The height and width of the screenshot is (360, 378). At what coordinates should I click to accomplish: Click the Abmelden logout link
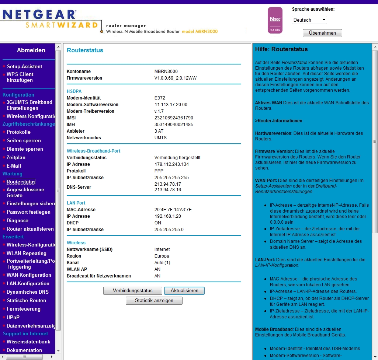click(x=31, y=50)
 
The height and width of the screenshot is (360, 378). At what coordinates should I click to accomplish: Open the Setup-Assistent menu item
click(x=24, y=66)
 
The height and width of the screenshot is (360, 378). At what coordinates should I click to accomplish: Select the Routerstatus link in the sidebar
click(x=21, y=182)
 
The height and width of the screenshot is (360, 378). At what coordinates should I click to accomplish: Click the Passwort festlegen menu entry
click(x=28, y=212)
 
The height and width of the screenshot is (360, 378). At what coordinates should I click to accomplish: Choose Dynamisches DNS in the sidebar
click(x=27, y=292)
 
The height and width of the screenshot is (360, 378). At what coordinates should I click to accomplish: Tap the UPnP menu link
click(x=13, y=317)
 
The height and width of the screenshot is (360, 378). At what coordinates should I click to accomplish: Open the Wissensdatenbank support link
click(x=28, y=342)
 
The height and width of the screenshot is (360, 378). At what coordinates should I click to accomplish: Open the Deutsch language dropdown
click(x=309, y=20)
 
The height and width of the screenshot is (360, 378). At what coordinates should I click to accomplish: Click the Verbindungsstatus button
click(x=133, y=290)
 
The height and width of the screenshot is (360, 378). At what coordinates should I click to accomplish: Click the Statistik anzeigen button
click(x=154, y=301)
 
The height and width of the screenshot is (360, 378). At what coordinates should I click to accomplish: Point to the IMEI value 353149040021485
click(x=174, y=125)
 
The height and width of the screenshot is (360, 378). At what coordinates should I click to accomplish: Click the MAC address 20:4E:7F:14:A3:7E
click(x=173, y=210)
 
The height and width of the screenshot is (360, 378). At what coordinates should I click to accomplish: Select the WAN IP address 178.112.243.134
click(x=171, y=164)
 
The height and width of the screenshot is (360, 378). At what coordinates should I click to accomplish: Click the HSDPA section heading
click(x=74, y=91)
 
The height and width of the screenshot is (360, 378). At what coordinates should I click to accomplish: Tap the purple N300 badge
click(x=275, y=20)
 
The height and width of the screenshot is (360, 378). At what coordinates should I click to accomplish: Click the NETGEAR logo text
click(x=39, y=14)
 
